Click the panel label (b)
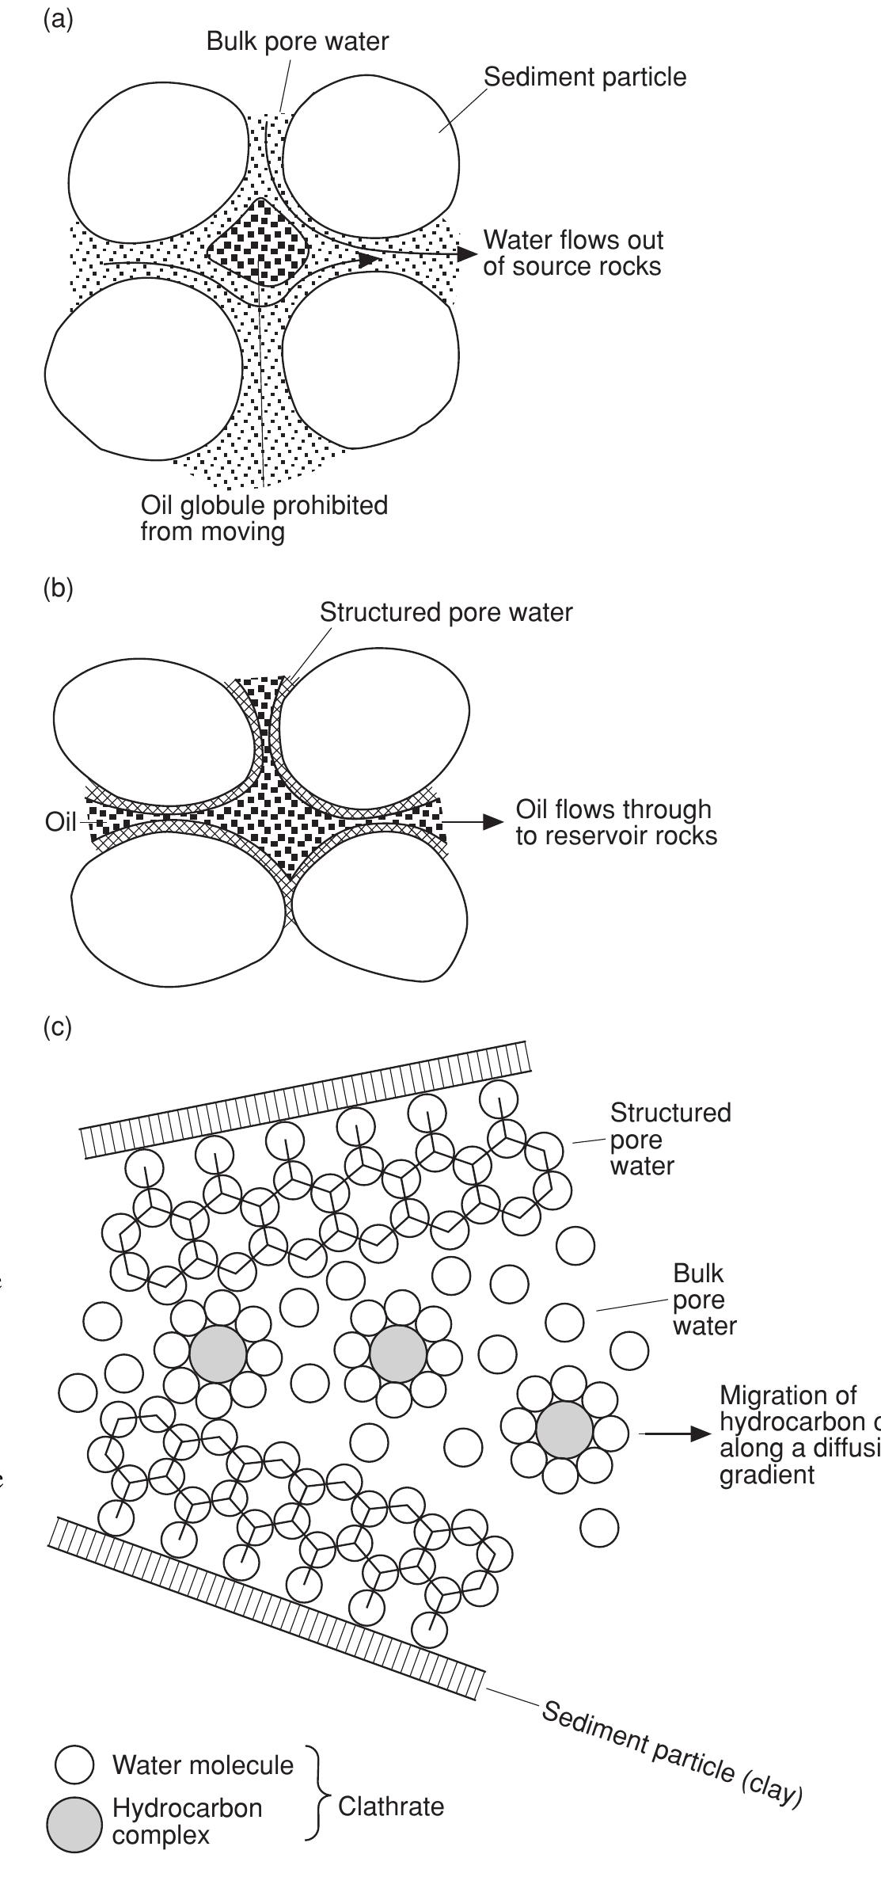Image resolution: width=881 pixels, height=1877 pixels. tap(57, 589)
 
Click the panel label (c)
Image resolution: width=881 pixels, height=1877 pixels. tap(57, 1027)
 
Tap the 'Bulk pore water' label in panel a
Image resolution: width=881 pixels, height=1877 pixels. tap(297, 41)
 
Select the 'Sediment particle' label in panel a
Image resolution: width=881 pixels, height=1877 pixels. tap(585, 77)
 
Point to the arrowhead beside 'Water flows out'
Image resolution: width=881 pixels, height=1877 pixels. tap(468, 253)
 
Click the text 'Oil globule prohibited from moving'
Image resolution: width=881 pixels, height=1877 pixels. tap(264, 518)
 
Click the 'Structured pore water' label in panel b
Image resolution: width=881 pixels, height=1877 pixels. tap(446, 612)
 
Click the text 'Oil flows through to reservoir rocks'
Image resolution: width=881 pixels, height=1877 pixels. tap(616, 822)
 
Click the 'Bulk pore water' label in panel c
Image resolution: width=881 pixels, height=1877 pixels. tap(704, 1300)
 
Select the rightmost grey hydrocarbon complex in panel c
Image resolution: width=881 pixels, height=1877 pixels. tap(564, 1430)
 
